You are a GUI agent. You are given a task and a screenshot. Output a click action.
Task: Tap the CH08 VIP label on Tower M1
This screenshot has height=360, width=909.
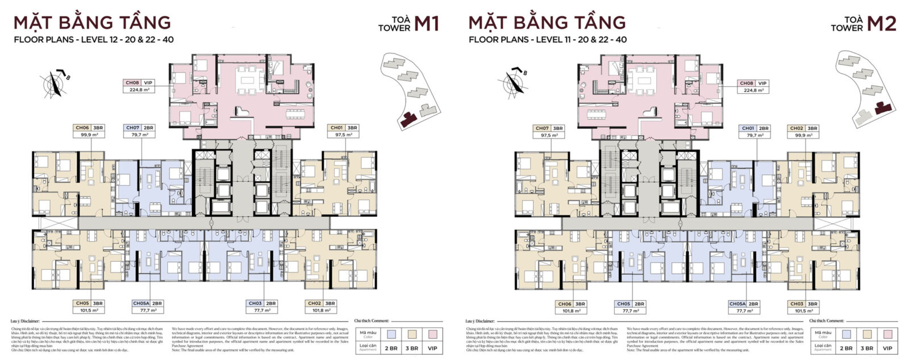[139, 82]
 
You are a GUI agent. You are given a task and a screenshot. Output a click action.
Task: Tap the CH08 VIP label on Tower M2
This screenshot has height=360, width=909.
[753, 82]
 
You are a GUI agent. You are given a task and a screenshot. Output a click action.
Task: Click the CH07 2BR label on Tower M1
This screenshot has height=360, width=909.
[139, 128]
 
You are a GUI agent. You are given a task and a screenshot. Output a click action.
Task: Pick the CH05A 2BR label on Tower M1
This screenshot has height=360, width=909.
[148, 303]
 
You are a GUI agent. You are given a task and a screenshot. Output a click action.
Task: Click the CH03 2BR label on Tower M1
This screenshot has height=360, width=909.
[262, 303]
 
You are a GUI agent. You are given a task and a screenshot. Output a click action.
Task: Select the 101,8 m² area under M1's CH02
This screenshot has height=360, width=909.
[321, 311]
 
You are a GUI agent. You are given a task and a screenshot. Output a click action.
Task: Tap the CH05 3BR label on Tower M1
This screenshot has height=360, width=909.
[89, 303]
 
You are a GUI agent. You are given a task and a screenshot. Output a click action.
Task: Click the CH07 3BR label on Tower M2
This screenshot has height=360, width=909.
[548, 128]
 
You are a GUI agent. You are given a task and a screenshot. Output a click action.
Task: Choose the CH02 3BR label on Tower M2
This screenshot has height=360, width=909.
[803, 128]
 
